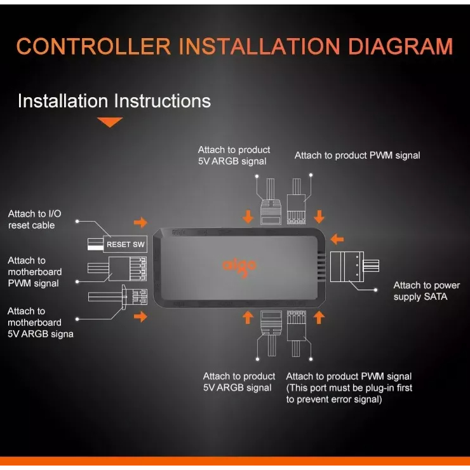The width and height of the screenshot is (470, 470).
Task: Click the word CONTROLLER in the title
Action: pos(93,46)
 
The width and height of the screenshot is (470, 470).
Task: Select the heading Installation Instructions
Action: pos(114,101)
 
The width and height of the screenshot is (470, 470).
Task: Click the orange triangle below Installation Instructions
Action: pos(110,122)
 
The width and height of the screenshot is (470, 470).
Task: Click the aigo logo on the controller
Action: pos(239,265)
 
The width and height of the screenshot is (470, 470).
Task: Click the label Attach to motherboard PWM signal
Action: pos(35,271)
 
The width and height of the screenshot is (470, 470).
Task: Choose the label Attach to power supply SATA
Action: pos(426,291)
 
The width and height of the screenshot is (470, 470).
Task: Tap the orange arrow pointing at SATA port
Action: pos(338,239)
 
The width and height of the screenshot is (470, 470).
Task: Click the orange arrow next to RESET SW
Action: pos(140,222)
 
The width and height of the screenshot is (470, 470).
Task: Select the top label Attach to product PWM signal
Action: pos(357,155)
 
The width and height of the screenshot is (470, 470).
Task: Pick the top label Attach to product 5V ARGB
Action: pos(234,155)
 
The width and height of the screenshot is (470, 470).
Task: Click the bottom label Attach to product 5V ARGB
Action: pos(239,382)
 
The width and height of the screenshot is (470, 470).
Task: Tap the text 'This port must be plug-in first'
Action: pos(349,387)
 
